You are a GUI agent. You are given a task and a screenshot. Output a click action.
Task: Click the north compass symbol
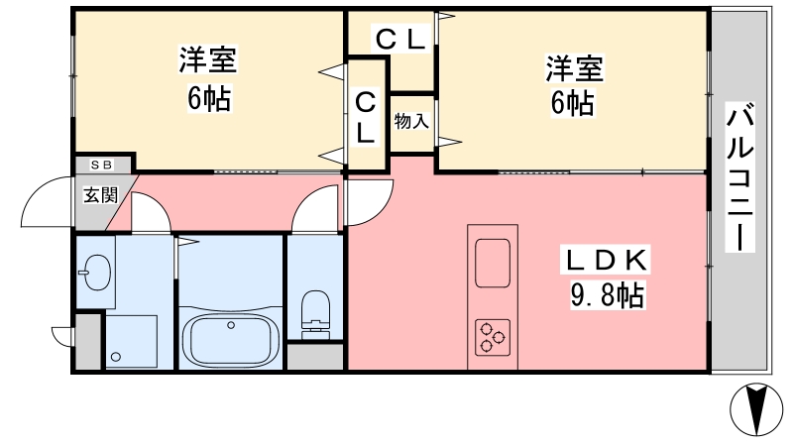756,409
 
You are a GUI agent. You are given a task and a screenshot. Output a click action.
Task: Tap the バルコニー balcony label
739,176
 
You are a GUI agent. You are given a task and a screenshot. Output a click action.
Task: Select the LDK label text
605,260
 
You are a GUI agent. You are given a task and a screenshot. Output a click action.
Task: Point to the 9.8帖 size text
607,294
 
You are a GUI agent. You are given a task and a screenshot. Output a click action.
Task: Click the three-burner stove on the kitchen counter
493,337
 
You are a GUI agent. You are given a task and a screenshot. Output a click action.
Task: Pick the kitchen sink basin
493,263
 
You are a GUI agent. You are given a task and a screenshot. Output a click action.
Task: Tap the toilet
315,314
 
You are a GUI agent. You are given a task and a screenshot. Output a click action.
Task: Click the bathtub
230,340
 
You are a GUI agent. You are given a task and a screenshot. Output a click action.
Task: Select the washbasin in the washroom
96,272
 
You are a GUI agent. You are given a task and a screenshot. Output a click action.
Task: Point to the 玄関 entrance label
101,194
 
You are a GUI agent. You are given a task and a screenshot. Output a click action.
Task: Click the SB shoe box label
102,165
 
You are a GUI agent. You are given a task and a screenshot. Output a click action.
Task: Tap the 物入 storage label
411,121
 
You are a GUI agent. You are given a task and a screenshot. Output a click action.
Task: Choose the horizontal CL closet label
400,39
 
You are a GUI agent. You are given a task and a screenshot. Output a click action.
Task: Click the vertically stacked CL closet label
365,117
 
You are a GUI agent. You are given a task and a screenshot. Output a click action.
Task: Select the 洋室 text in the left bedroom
208,59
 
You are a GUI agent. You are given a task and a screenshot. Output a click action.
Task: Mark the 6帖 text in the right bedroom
573,104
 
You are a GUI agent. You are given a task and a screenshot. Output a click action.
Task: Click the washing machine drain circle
116,357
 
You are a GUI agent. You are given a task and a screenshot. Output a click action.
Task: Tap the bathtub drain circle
231,325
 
